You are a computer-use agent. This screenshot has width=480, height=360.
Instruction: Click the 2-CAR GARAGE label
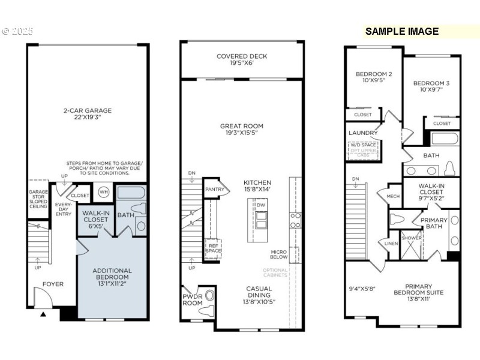click(x=88, y=110)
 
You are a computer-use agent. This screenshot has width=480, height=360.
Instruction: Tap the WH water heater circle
click(x=103, y=193)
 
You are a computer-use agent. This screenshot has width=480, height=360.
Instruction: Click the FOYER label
click(x=53, y=284)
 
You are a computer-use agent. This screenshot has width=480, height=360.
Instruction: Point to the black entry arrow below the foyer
click(x=43, y=314)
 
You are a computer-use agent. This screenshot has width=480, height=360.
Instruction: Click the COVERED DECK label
click(x=242, y=56)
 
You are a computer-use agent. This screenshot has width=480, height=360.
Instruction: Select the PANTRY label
click(x=214, y=189)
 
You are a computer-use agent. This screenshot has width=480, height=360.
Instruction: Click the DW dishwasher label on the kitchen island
click(x=260, y=205)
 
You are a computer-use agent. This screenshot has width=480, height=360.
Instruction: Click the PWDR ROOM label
click(x=193, y=299)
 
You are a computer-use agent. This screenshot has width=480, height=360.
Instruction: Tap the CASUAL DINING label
click(x=260, y=289)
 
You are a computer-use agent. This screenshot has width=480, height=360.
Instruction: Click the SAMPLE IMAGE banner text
click(x=402, y=32)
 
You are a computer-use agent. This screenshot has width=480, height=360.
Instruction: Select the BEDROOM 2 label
click(x=373, y=74)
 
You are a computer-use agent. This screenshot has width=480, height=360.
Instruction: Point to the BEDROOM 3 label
click(x=431, y=83)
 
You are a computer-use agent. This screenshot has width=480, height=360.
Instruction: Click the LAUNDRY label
click(x=363, y=133)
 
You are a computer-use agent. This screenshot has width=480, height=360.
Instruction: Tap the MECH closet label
click(x=393, y=196)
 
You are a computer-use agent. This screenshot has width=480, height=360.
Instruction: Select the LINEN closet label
click(x=391, y=243)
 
